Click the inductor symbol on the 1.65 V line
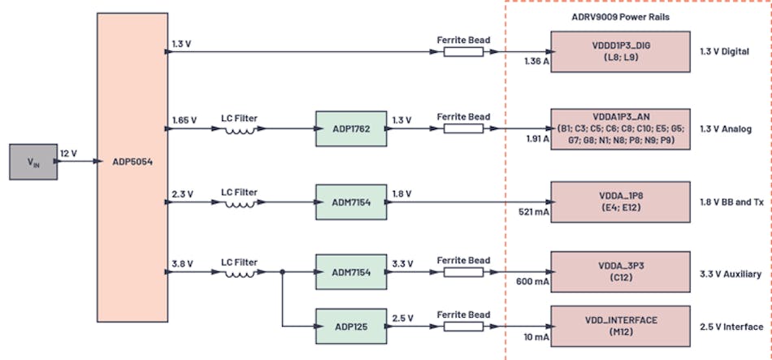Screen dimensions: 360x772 [240, 129]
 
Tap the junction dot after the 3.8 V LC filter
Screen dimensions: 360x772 [282, 272]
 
